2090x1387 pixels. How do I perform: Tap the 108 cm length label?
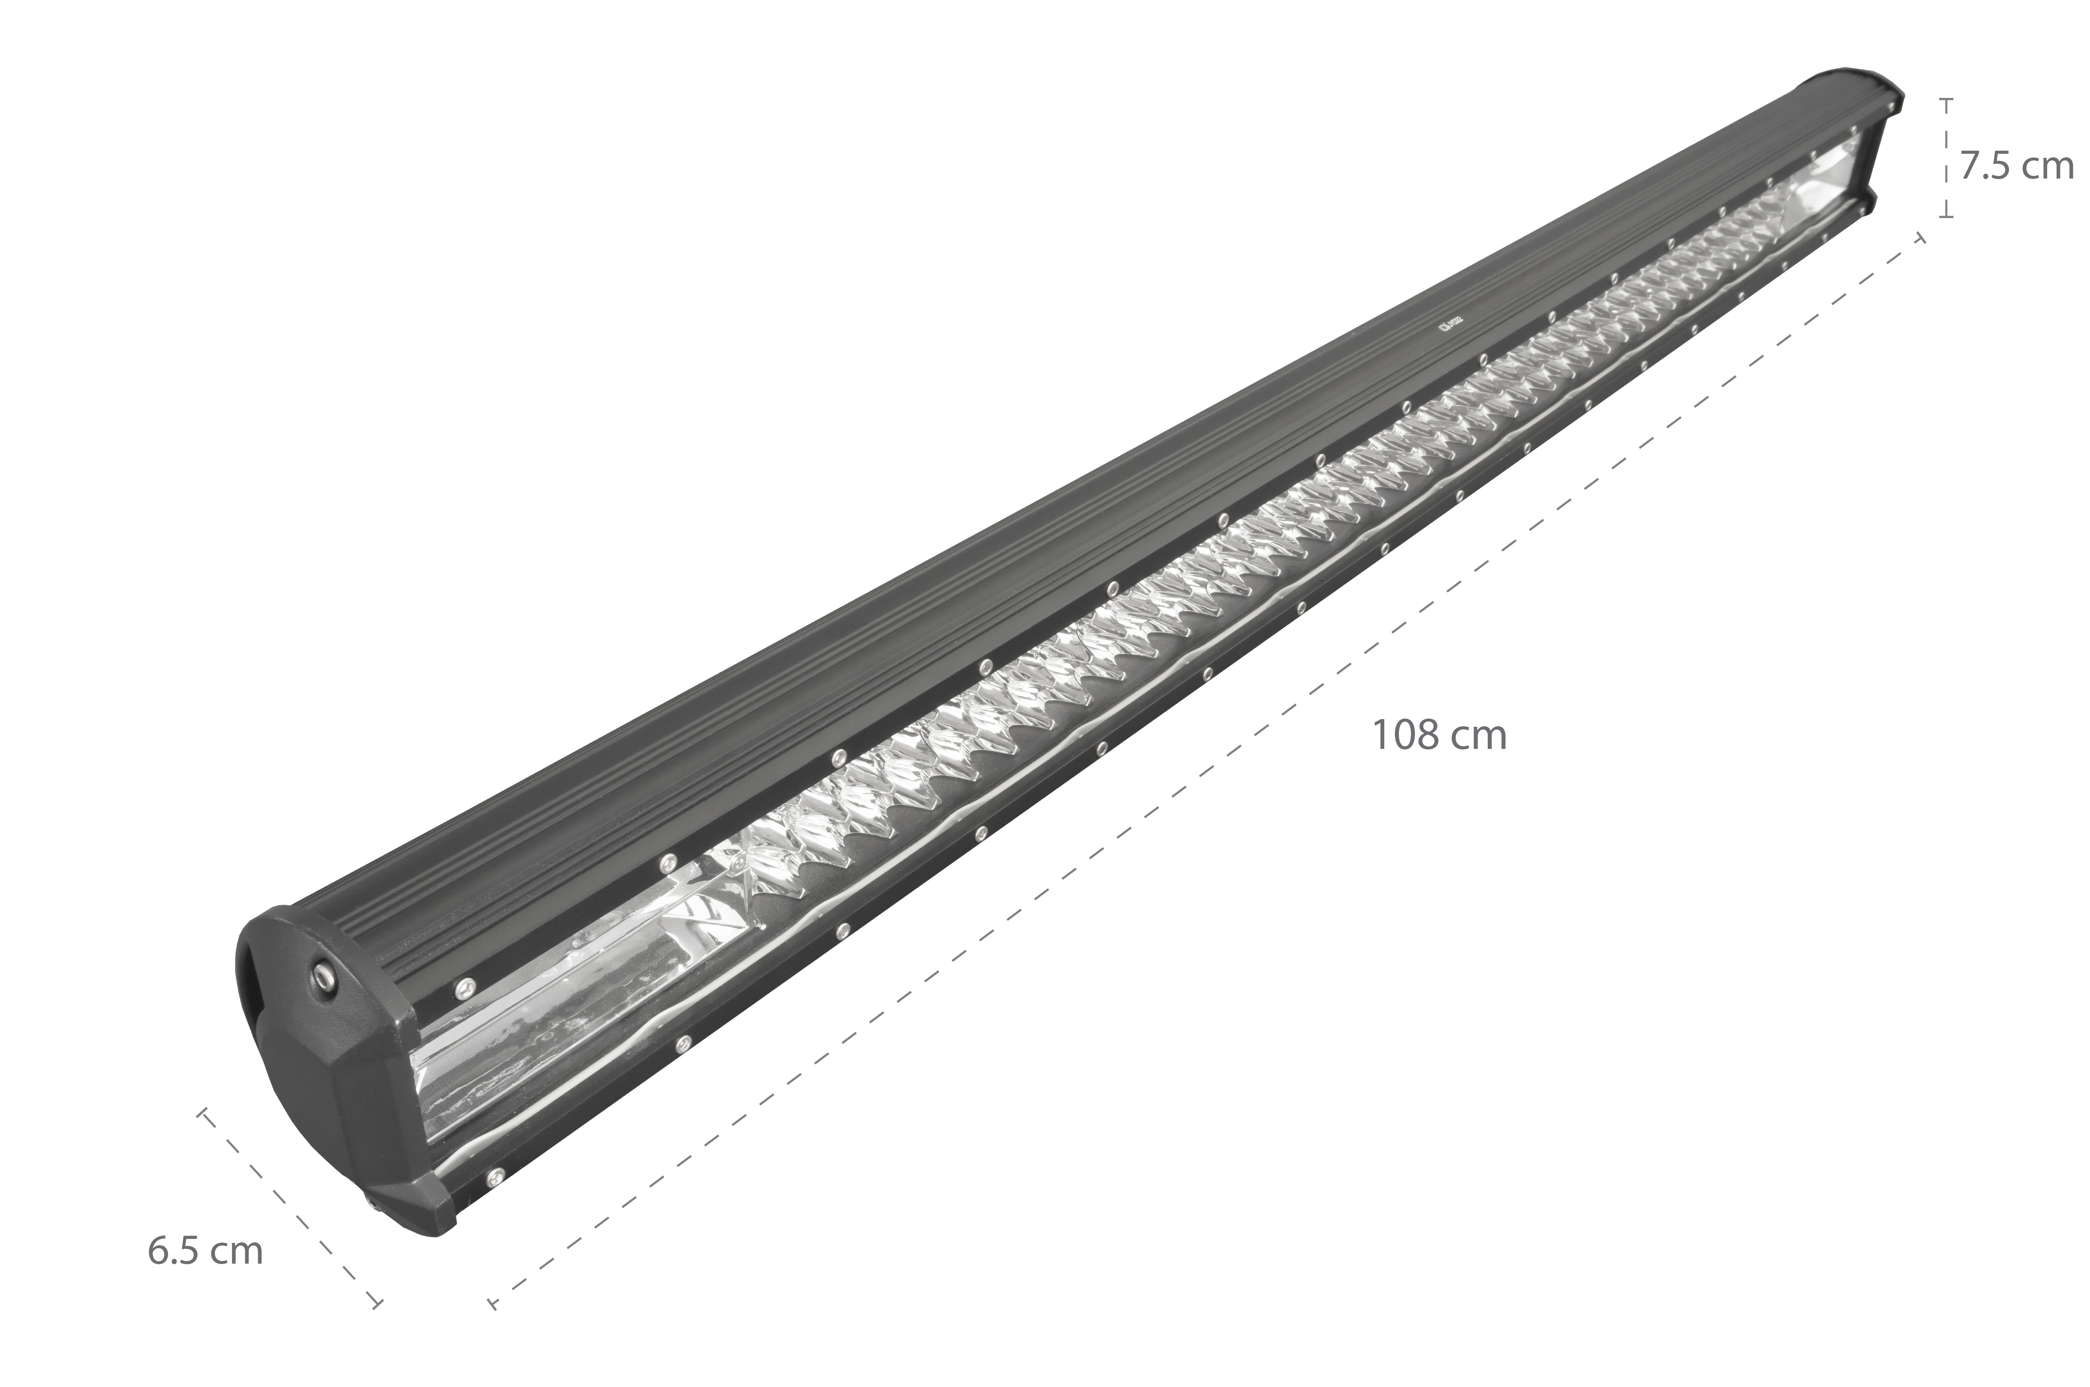pos(1438,736)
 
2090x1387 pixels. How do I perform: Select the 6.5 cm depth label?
pos(205,1252)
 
